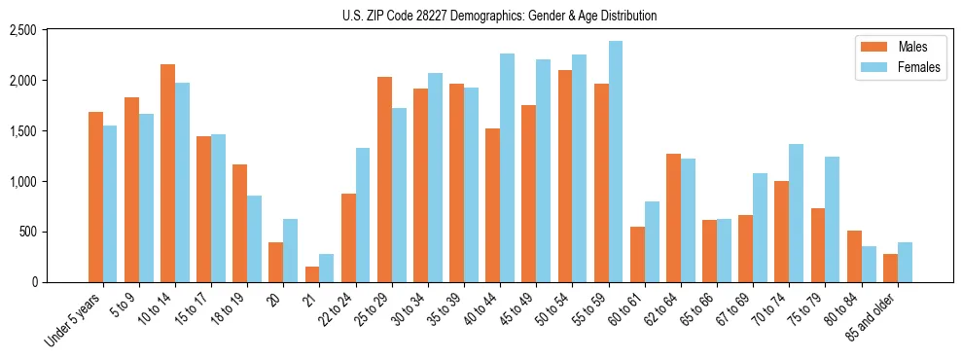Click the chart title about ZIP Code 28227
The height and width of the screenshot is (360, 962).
(x=500, y=16)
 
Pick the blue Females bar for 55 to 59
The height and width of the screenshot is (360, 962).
(x=616, y=162)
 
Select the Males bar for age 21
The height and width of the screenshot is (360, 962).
(x=312, y=274)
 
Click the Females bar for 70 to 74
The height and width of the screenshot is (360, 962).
(x=797, y=213)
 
